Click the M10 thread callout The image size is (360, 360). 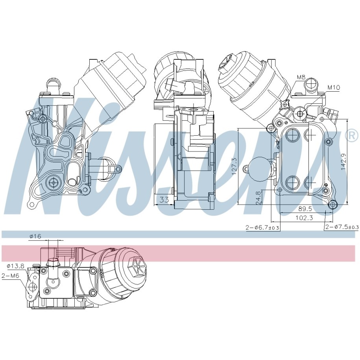[x=333, y=87]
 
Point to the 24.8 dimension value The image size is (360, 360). [x=258, y=198]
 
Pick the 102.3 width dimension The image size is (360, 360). [x=305, y=218]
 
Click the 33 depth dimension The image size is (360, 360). [x=164, y=199]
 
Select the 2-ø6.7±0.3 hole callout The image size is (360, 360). [x=262, y=227]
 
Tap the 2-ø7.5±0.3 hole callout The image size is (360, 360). [x=342, y=227]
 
